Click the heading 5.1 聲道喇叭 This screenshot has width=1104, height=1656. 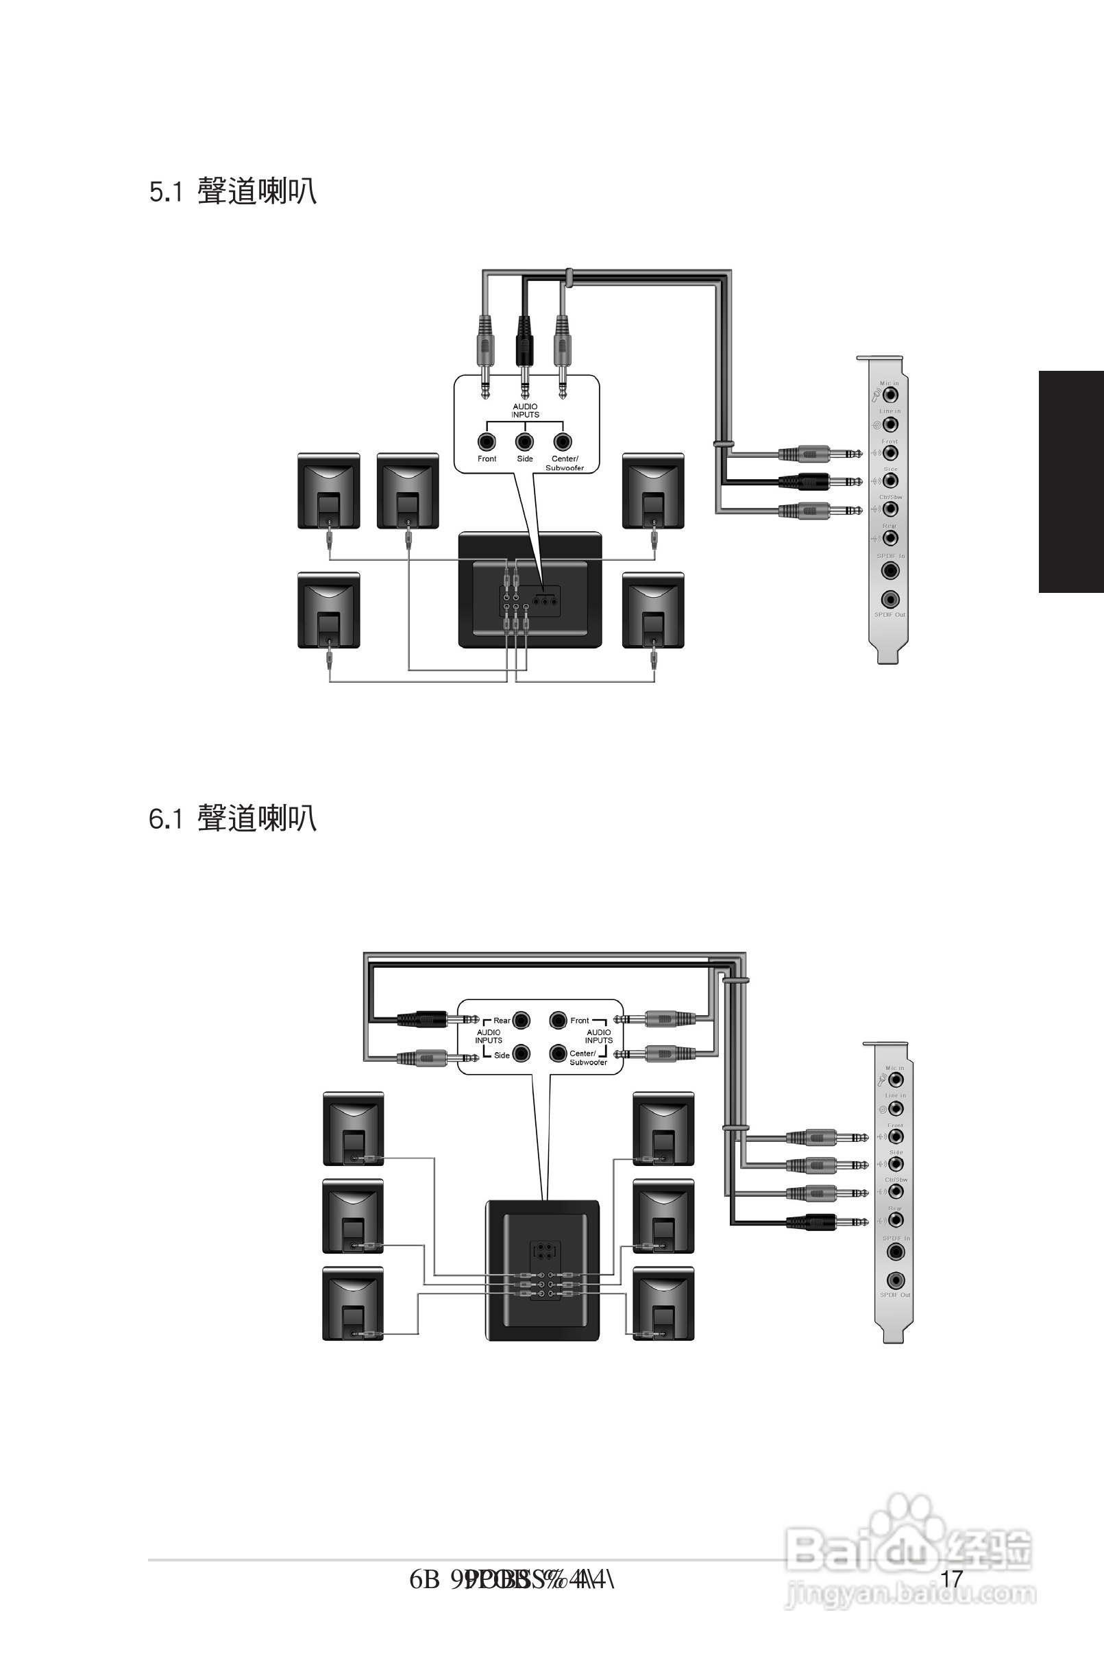[233, 191]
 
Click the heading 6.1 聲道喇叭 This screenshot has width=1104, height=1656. [233, 818]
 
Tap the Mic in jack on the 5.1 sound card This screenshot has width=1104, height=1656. [891, 393]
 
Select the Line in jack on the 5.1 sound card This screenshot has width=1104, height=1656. [891, 424]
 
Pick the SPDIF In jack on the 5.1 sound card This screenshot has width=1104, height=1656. [891, 570]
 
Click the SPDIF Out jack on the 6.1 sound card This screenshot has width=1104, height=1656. [896, 1279]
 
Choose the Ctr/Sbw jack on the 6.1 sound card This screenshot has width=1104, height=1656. [896, 1191]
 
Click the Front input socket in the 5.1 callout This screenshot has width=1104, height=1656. [487, 441]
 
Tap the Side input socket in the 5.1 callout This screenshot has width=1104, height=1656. [524, 441]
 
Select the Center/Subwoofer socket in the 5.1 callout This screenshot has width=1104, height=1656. [562, 441]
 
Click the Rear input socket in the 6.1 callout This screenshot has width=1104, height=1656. [522, 1019]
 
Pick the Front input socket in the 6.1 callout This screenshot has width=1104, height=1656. [559, 1019]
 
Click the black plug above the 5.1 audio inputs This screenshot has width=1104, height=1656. [524, 345]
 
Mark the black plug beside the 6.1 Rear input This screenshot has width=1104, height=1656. [426, 1019]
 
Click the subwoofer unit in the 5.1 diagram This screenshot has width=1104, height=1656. [530, 590]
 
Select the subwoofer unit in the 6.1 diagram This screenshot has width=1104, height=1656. [543, 1270]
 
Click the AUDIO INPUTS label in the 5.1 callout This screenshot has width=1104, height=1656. [525, 411]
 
